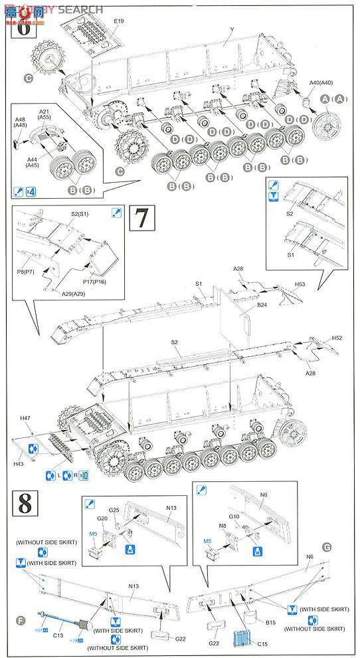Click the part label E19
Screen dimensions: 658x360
click(118, 21)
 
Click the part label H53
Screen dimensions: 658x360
click(300, 284)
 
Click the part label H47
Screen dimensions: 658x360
click(25, 417)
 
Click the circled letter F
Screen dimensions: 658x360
click(21, 621)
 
